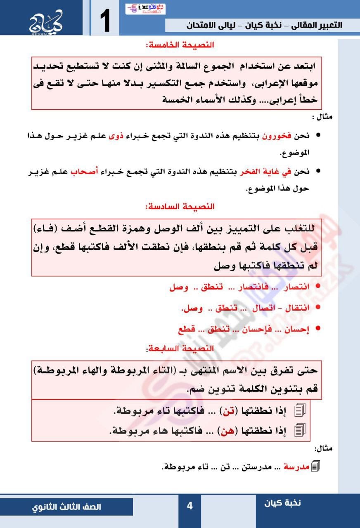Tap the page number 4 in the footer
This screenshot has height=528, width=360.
[x=189, y=506]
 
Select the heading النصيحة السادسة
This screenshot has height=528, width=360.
[x=180, y=206]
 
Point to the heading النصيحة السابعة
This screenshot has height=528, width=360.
[x=180, y=349]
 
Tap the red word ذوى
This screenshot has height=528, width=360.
[x=116, y=137]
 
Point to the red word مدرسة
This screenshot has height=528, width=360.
[x=294, y=467]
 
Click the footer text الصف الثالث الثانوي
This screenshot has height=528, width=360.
[x=67, y=507]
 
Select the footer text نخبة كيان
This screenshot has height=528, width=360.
[x=283, y=502]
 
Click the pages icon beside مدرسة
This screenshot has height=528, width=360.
[x=316, y=467]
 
